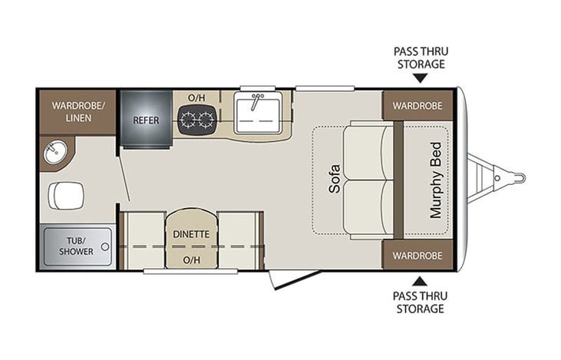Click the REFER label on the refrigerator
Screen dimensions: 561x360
point(146,121)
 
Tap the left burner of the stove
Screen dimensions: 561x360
point(188,119)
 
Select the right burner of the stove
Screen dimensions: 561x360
point(206,119)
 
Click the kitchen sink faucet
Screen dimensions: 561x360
point(256,101)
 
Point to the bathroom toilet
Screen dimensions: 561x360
point(66,196)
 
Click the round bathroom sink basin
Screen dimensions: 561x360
point(55,153)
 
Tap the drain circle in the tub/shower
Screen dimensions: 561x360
point(105,246)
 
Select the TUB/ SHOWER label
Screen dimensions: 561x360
point(76,246)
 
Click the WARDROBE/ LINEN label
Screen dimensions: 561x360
point(78,111)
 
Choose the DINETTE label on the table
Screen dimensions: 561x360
point(191,234)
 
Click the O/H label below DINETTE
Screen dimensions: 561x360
point(191,260)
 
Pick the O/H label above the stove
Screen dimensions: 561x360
point(196,97)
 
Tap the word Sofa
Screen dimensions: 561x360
point(334,179)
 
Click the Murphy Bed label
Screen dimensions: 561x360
point(436,180)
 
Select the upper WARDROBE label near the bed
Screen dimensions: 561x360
point(417,106)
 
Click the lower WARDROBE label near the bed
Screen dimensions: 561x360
point(417,256)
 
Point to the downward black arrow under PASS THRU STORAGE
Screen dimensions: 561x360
point(421,78)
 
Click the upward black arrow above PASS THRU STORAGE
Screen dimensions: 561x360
point(419,281)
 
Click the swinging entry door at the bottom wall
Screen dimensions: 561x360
point(295,279)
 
